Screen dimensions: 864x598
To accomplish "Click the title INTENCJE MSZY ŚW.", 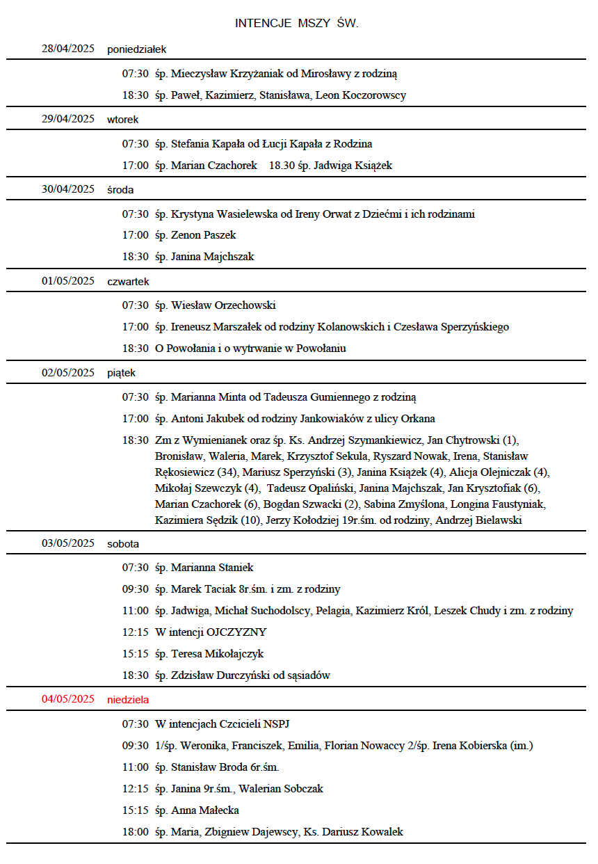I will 297,24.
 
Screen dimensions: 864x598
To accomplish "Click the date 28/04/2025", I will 67,49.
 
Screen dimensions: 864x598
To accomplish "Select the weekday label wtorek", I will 122,119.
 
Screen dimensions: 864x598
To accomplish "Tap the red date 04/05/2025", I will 67,698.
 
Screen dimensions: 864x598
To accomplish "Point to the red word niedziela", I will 128,699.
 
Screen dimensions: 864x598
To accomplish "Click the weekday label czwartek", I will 128,281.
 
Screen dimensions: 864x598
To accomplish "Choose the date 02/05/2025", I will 67,372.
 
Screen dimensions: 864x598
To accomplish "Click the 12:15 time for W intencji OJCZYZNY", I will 135,632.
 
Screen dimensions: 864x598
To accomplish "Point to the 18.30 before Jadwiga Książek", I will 282,166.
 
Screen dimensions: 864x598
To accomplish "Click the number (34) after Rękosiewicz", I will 227,472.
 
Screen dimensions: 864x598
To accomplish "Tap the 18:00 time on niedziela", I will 135,832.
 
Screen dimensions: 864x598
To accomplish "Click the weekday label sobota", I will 123,543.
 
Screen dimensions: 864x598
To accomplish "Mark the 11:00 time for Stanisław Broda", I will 135,767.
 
